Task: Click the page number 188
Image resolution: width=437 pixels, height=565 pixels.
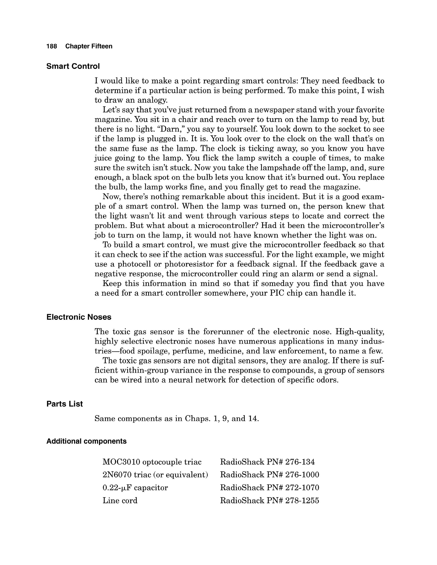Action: tap(51, 46)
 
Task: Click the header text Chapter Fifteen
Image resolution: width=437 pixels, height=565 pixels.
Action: tap(89, 46)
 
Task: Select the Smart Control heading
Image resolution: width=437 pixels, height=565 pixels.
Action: tap(73, 67)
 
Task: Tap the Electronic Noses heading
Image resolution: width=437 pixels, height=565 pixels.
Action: tap(79, 317)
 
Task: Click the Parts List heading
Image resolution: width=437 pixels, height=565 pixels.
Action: tap(64, 404)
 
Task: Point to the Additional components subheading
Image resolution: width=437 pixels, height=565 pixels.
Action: tap(86, 441)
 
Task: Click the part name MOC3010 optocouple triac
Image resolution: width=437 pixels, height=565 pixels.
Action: tap(152, 462)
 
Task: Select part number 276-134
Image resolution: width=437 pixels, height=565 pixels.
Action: tap(300, 462)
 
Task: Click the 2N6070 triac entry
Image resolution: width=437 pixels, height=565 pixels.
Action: tap(155, 475)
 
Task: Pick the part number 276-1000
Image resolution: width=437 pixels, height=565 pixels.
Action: tap(302, 475)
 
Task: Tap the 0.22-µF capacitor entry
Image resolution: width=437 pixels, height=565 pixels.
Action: tap(135, 488)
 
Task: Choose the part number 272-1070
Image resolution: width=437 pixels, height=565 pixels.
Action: tap(302, 488)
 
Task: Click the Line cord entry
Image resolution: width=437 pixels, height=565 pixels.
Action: tap(120, 501)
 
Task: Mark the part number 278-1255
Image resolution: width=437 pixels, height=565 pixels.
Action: tap(302, 501)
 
